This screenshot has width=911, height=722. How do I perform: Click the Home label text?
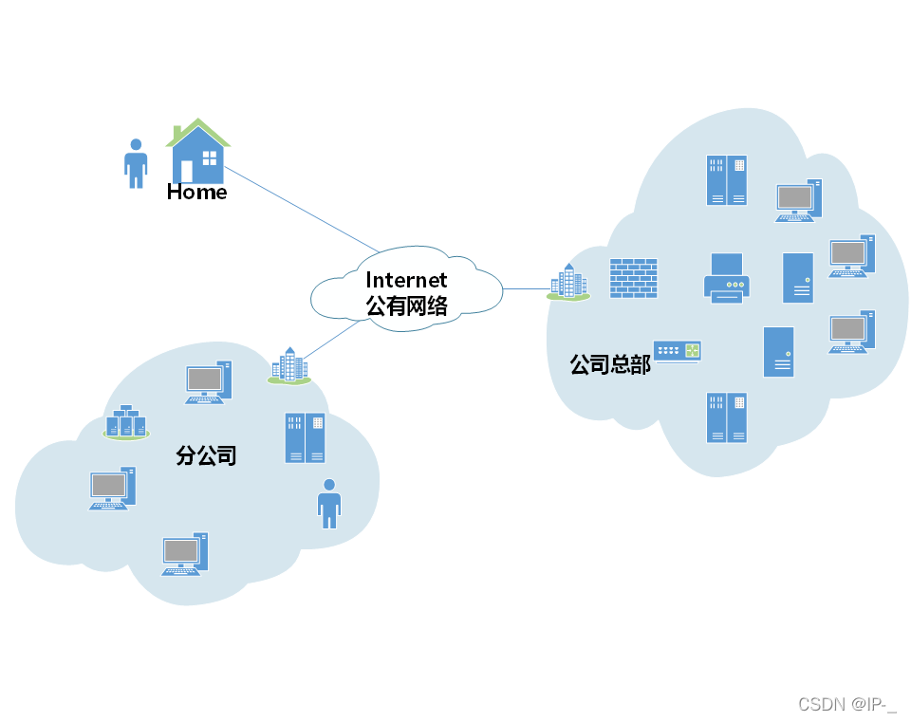196,192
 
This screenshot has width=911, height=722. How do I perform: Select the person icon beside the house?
137,163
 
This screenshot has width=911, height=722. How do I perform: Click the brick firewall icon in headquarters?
633,279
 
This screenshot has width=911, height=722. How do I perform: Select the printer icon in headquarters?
727,278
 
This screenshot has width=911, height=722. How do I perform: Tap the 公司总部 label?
609,364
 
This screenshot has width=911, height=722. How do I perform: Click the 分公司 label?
206,455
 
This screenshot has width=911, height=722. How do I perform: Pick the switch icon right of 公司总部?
678,351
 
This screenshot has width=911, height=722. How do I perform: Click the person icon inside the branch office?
329,503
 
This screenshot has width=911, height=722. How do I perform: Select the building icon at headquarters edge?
568,283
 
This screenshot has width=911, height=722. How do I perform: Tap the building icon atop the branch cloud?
289,365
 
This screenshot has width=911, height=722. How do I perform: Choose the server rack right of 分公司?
305,437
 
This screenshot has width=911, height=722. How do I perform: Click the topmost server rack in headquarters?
727,180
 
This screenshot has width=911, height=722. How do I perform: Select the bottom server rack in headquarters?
727,417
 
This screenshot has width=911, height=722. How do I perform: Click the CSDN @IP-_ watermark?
846,704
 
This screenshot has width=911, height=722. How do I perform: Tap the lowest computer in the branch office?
184,554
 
